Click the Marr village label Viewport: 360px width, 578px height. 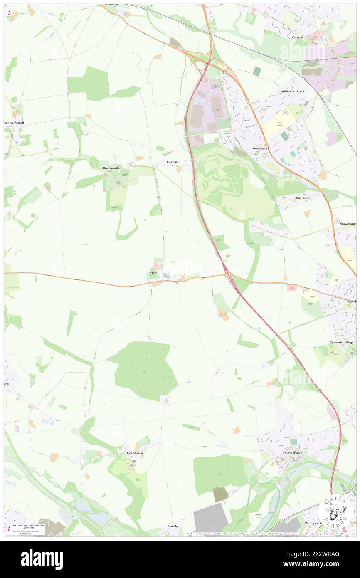click(153, 272)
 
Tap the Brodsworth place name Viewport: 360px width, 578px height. click(111, 168)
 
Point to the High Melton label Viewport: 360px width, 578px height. click(134, 453)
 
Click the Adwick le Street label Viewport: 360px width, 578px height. click(292, 91)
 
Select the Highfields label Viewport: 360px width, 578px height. click(303, 198)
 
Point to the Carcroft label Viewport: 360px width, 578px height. click(298, 37)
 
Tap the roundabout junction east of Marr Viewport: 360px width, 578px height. click(227, 274)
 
